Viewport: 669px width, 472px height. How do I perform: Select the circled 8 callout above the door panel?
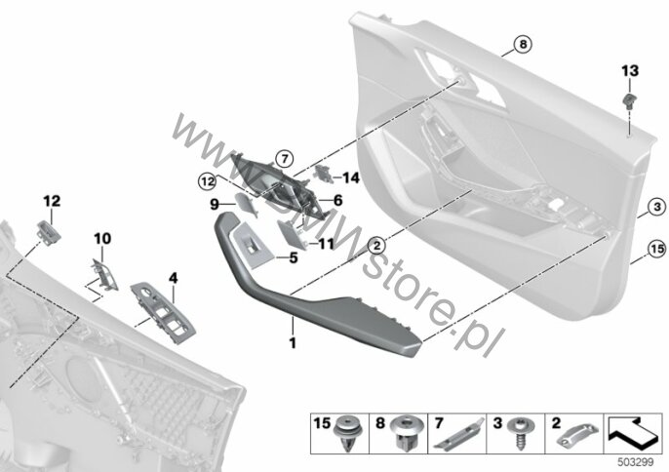coord(522,44)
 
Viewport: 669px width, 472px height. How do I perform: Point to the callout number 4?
coord(174,279)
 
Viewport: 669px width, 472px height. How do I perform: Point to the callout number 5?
coord(293,258)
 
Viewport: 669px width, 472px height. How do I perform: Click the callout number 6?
coord(337,199)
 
